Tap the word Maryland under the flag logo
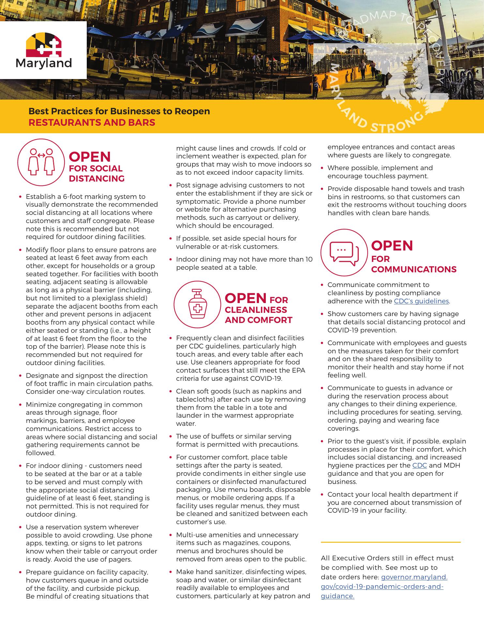44,63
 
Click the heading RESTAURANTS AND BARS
92,122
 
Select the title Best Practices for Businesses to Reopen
119,111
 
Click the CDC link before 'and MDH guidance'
419,465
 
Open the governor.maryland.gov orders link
414,577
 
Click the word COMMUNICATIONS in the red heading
414,269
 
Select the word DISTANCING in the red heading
97,179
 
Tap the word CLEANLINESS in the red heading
256,310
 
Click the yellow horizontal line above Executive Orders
390,542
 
